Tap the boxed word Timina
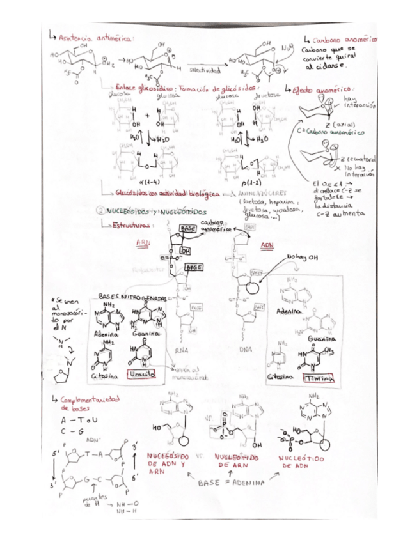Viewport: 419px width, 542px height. tap(318, 378)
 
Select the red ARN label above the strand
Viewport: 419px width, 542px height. tap(143, 243)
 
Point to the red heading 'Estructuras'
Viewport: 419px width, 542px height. tap(133, 225)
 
